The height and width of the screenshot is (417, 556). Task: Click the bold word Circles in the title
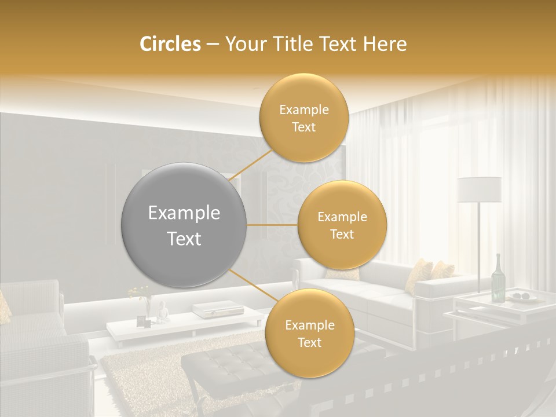tap(170, 44)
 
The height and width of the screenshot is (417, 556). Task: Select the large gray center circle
tap(184, 225)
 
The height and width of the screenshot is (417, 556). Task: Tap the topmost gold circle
tap(303, 118)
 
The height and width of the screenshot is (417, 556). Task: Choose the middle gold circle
tap(342, 225)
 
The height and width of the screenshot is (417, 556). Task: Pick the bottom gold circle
tap(309, 334)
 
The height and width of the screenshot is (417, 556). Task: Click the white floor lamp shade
tap(479, 189)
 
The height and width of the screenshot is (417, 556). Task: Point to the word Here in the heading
tap(385, 44)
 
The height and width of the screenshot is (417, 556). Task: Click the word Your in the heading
tap(244, 44)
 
